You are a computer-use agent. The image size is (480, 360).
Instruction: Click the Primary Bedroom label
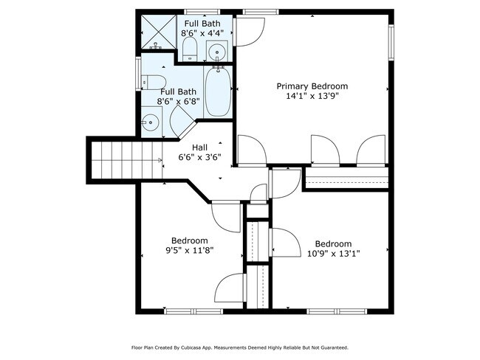(312, 86)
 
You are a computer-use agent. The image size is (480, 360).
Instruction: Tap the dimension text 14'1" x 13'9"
(312, 96)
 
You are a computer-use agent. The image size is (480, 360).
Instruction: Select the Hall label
(199, 147)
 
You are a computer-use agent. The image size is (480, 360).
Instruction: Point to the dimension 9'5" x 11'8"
(190, 251)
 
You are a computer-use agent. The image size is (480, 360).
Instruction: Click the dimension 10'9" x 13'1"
(333, 255)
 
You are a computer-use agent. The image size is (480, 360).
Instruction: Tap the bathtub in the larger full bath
(218, 91)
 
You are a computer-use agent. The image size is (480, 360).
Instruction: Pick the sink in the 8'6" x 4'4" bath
(217, 52)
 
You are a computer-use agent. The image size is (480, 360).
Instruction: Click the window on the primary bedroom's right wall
(391, 36)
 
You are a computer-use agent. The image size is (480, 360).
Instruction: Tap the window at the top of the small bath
(201, 12)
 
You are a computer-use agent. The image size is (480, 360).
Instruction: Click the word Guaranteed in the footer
(330, 347)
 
